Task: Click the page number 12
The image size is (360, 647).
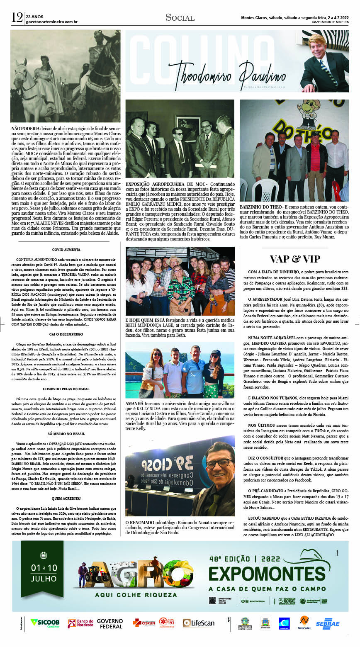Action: coord(17,18)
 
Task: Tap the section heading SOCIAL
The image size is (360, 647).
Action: coord(180,17)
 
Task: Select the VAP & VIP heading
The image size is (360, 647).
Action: coord(294,259)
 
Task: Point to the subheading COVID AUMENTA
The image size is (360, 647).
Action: coord(66,250)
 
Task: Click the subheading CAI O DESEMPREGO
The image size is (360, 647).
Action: coord(66,334)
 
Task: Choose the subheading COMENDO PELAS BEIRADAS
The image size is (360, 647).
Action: coord(66,389)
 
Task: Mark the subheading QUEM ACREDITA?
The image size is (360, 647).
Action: coord(66,498)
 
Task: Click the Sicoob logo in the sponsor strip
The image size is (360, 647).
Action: coord(45,623)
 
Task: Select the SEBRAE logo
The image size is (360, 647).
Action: coord(327,623)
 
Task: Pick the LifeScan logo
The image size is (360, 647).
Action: coord(199,623)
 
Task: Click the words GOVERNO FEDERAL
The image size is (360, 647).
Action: coord(110,623)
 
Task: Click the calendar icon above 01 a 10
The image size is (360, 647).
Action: coord(44,555)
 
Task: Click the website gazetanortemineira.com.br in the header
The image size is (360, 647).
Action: coord(51,22)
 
